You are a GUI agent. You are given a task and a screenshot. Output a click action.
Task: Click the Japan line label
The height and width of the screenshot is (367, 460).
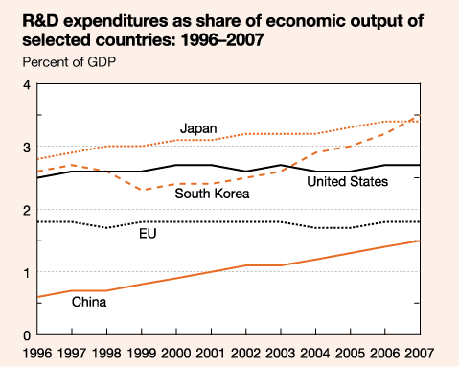tap(198, 128)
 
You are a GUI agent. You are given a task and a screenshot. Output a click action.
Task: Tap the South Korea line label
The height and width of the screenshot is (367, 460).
tap(212, 194)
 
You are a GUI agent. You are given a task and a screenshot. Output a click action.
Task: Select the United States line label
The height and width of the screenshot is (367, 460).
tap(348, 181)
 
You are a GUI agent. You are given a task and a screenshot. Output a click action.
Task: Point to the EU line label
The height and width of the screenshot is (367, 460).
tap(148, 234)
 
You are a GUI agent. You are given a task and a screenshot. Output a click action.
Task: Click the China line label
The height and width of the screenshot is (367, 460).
tap(89, 302)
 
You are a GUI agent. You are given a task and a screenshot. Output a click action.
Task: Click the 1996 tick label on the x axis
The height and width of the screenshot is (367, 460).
tap(37, 353)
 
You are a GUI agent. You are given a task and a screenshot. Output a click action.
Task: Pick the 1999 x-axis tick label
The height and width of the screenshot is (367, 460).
tap(141, 353)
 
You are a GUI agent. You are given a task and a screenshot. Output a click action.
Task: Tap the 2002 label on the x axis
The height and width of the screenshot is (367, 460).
tap(245, 353)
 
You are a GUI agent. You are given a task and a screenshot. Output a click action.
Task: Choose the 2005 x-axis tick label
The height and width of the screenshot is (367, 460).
tap(350, 353)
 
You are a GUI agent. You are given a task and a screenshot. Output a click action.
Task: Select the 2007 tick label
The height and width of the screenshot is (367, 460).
tap(420, 353)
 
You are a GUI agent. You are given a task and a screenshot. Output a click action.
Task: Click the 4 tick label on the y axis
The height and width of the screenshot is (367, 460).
tap(27, 85)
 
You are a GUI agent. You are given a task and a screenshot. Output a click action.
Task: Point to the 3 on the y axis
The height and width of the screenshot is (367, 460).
tap(27, 148)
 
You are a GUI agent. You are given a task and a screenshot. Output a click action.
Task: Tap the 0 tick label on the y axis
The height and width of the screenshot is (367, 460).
tap(27, 335)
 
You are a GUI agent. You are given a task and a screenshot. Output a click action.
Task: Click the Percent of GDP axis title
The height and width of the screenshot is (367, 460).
tap(69, 62)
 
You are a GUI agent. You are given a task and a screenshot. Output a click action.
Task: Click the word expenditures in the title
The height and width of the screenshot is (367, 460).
tap(117, 22)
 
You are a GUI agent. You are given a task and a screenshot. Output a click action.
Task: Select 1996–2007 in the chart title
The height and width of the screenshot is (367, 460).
tap(222, 40)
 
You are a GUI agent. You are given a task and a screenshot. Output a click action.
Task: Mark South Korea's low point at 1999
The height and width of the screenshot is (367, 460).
tap(141, 191)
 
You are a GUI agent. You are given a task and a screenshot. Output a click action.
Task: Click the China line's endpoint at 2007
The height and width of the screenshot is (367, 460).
tap(420, 241)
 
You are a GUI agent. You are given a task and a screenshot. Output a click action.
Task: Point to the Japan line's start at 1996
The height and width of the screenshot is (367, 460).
tap(37, 159)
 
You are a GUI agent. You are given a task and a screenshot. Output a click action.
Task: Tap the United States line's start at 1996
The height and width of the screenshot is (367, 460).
tap(37, 178)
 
